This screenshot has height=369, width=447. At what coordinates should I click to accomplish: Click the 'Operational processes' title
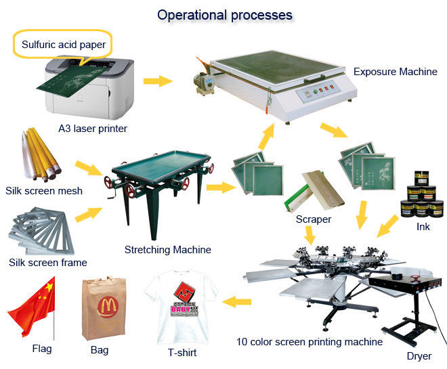point(225,14)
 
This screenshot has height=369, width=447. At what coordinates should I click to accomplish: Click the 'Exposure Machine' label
point(396,71)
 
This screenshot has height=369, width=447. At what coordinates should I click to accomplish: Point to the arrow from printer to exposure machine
point(157,81)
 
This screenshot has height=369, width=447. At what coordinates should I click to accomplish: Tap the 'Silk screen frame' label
point(47,263)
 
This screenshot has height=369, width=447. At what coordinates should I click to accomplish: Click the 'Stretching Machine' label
point(167,250)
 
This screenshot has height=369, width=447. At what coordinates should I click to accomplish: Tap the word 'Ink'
point(423,227)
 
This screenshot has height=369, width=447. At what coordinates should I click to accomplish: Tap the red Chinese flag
point(32,309)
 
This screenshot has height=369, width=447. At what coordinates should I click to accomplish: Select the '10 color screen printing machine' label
point(309,342)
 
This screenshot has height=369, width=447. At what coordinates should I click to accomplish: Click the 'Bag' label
point(99,350)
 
